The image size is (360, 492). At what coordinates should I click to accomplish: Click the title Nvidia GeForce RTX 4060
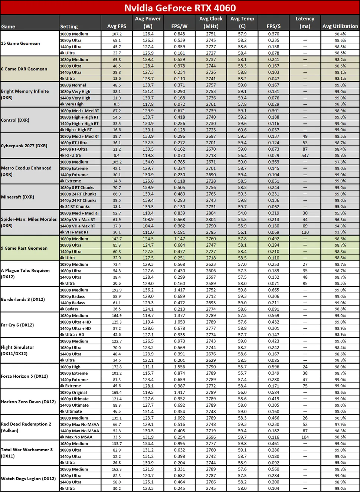coord(180,8)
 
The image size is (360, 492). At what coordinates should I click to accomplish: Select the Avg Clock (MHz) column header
coord(211,22)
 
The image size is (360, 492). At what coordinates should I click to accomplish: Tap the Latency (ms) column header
coord(305,22)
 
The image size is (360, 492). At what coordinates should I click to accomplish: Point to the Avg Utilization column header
coord(340,26)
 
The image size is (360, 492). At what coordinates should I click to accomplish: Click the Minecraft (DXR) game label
coord(17,197)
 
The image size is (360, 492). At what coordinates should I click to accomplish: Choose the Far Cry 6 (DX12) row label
coord(17,325)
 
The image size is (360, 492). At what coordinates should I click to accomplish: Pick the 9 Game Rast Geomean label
coord(24,248)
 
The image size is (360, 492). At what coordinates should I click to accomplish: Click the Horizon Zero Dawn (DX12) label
coord(28,402)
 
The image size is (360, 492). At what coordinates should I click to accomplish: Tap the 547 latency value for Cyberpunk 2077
coord(305,155)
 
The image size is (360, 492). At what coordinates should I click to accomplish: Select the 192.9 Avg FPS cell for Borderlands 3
coord(117,290)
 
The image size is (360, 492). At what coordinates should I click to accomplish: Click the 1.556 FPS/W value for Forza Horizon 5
coord(179,367)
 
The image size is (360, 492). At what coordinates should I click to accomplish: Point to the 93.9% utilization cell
coord(340,232)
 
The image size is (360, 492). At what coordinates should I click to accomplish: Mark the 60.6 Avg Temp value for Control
coord(242,130)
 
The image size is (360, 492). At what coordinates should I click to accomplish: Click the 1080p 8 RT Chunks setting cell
coord(77,188)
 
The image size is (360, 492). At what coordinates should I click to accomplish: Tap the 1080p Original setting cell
coord(73,393)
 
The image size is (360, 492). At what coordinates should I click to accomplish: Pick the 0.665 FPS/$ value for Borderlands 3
coord(274,290)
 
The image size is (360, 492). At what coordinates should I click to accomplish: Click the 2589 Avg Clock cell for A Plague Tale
coord(211,283)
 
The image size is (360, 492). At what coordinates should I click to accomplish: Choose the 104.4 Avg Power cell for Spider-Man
coord(148,226)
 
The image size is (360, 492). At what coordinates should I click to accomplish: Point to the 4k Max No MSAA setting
coord(76,437)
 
